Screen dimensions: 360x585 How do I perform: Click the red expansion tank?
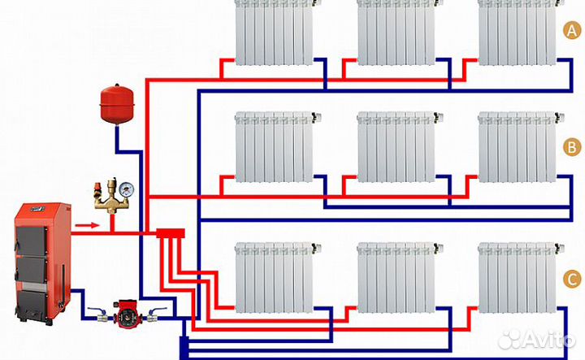point(115,101)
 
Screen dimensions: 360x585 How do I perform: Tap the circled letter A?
point(572,31)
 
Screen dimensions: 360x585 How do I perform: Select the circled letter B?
point(572,147)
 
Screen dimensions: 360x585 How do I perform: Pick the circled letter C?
point(572,279)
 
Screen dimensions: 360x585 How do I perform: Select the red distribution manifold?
point(170,234)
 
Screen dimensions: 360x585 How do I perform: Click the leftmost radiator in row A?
point(275,32)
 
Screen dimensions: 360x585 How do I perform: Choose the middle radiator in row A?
point(396,32)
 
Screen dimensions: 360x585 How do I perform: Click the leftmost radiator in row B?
point(275,147)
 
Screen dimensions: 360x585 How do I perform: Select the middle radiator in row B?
point(396,147)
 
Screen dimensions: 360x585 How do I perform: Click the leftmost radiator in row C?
point(275,277)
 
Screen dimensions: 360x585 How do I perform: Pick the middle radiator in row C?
point(396,277)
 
